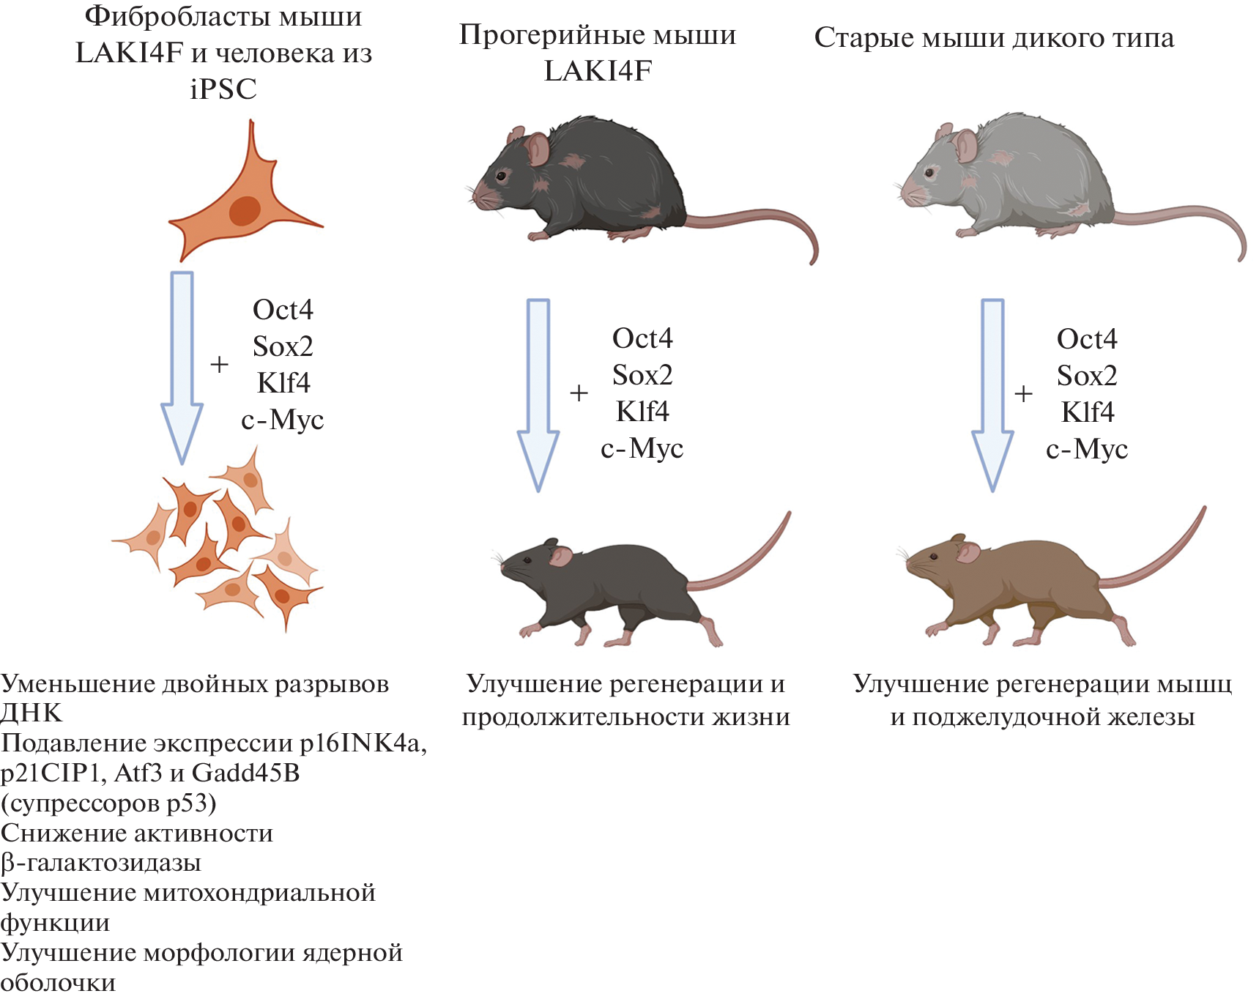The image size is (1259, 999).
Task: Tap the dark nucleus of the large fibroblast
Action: pos(245,210)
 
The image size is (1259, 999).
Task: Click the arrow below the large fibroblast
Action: pos(182,366)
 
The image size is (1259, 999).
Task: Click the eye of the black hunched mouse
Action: pos(502,176)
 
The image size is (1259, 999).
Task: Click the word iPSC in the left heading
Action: pos(223,89)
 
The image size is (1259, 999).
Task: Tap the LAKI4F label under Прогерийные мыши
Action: pos(598,71)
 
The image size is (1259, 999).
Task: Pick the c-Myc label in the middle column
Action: pos(642,448)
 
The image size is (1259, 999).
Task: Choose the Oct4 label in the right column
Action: pos(1087,339)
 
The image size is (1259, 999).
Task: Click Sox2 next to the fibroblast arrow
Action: pos(283,346)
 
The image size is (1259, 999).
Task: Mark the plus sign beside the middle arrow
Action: pos(579,393)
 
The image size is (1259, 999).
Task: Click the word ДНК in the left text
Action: pos(31,713)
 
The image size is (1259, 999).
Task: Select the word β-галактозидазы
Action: pos(101,863)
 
